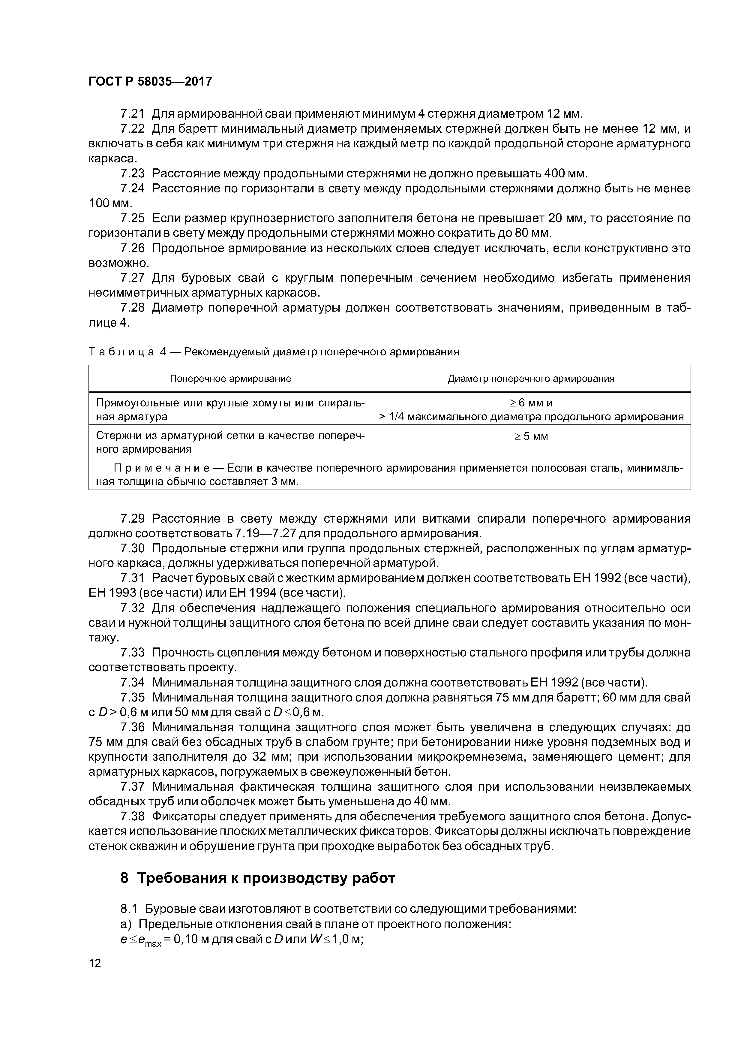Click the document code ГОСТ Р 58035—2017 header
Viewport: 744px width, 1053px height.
pos(150,82)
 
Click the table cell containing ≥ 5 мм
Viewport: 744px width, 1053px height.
pos(531,437)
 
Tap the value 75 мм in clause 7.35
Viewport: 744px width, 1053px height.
pos(510,698)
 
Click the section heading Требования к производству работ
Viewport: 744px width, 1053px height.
pos(266,878)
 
